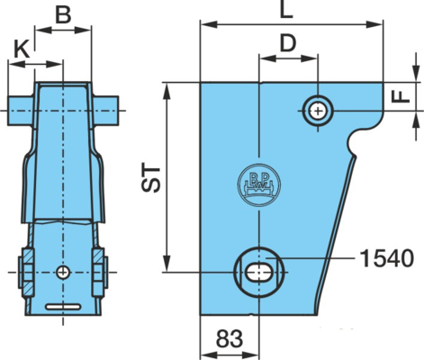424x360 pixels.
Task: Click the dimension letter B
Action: pos(63,14)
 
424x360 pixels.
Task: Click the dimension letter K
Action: pos(23,49)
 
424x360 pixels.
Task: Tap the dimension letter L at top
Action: pos(286,10)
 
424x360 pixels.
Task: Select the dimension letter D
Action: pos(288,43)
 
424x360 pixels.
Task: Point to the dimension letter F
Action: pos(401,96)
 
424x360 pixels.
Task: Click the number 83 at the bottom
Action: pos(230,339)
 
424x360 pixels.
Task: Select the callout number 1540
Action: pos(387,258)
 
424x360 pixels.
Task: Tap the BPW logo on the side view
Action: pos(259,184)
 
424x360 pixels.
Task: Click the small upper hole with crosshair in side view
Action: pos(318,112)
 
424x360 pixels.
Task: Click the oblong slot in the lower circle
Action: pos(259,273)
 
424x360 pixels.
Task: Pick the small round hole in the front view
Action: pos(63,272)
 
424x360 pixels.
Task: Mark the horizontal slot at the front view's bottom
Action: pos(63,307)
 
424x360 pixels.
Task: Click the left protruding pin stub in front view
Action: pos(21,111)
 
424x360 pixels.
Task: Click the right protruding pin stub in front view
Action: pos(106,111)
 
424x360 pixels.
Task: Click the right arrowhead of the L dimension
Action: pos(375,24)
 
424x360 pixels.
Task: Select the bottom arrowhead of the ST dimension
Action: pos(167,264)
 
